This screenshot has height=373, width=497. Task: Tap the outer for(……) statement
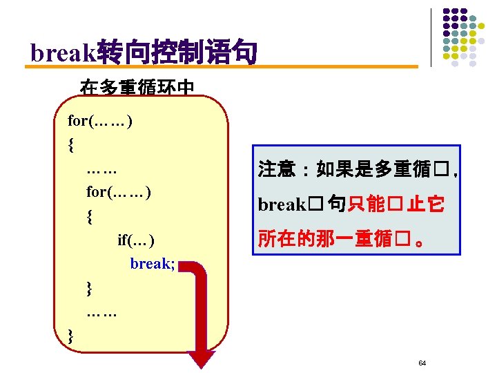click(101, 122)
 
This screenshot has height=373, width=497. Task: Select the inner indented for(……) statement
click(119, 191)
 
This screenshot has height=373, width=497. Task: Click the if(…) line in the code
click(136, 240)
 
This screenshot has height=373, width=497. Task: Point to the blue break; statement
click(152, 263)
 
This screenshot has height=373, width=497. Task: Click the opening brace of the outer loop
click(71, 145)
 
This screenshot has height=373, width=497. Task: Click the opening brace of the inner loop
click(90, 216)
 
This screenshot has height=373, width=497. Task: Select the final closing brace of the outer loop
click(71, 336)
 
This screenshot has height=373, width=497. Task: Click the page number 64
click(422, 363)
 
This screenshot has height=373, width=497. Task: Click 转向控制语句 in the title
click(177, 52)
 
